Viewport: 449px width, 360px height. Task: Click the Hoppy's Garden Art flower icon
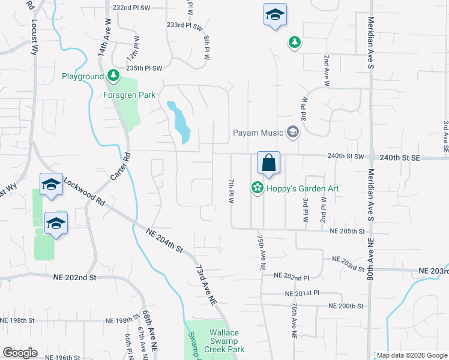[x=258, y=188]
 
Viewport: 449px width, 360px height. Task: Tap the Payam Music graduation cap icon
[x=292, y=132]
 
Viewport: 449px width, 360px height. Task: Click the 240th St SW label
[x=346, y=156]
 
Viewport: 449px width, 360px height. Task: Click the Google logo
[x=20, y=353]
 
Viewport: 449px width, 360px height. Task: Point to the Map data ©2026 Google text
[x=412, y=355]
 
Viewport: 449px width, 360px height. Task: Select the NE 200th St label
[x=346, y=306]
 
